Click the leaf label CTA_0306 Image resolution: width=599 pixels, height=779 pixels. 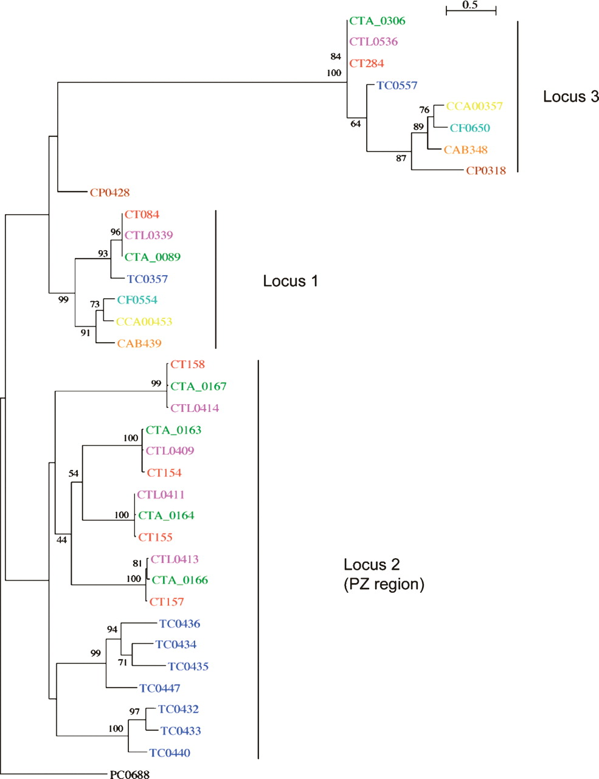coord(377,21)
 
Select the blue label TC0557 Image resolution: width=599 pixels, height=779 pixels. coord(397,86)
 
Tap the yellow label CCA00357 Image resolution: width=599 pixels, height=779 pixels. coord(474,106)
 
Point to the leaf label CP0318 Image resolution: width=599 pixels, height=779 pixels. coord(486,171)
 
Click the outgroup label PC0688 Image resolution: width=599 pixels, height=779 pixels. coord(130,774)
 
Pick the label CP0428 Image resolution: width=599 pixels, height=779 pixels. coord(110,193)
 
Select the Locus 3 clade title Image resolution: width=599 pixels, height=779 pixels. coord(570,96)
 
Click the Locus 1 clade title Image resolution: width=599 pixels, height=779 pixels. coord(290,281)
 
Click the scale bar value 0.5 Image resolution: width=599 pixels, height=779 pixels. coord(470,5)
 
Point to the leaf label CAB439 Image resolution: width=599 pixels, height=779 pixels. coord(139,344)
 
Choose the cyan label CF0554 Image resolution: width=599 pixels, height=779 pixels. coord(137,300)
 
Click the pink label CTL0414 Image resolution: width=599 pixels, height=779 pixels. coord(195,408)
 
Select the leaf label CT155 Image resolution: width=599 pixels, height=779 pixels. coord(155,537)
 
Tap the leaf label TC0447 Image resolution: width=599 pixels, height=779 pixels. coord(160,688)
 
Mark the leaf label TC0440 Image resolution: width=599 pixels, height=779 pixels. coord(170,753)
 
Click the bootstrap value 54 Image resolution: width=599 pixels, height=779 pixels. coord(74,473)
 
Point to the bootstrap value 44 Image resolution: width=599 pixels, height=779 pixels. coord(61,539)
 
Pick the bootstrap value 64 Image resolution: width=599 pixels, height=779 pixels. coord(356,124)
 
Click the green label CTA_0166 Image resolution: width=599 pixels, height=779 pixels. coord(179,580)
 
